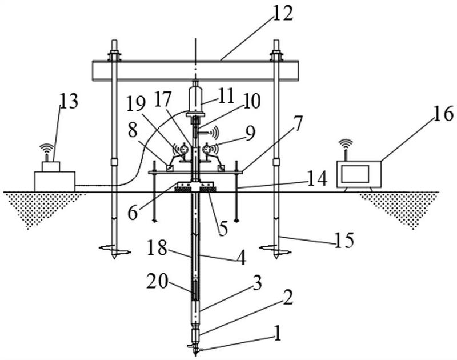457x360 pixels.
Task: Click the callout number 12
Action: point(283,14)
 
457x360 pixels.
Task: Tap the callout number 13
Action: point(69,102)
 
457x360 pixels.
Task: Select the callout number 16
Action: point(443,113)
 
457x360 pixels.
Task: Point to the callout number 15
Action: point(344,240)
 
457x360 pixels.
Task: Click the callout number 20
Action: point(158,282)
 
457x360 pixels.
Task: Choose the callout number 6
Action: point(133,213)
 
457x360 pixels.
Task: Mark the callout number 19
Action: point(136,104)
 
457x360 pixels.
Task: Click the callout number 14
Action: point(317,179)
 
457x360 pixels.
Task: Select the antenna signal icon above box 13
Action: point(47,149)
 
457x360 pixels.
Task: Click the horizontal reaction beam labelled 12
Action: point(195,70)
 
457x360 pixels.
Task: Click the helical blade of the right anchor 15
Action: point(275,249)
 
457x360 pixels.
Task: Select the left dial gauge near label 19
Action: point(183,149)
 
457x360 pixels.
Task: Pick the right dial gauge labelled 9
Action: point(207,149)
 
